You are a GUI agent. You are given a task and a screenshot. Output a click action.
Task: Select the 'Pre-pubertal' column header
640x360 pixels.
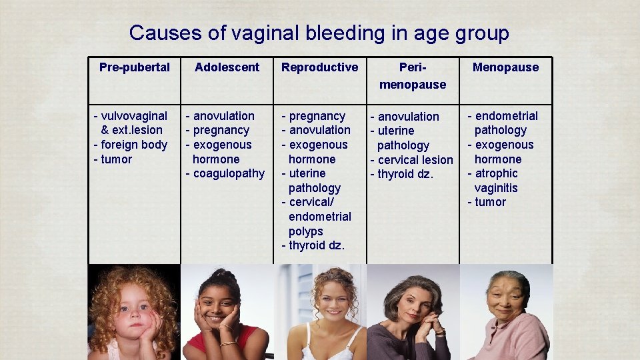(x=134, y=67)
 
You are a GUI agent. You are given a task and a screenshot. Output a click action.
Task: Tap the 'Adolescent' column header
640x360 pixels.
(x=227, y=67)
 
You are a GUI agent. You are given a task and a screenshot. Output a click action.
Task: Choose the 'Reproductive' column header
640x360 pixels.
(x=319, y=67)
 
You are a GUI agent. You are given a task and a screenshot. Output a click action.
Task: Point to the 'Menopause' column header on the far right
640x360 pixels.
(x=505, y=67)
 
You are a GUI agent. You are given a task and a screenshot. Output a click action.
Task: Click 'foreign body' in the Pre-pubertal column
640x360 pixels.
(x=134, y=145)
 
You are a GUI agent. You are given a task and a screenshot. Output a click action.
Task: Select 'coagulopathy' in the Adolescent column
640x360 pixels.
(x=229, y=173)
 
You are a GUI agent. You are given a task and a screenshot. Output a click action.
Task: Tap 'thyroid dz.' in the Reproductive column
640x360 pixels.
(x=317, y=245)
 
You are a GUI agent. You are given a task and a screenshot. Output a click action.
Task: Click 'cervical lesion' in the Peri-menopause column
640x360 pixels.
(x=415, y=160)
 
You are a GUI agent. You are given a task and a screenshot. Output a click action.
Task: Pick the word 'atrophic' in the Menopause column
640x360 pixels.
(x=496, y=173)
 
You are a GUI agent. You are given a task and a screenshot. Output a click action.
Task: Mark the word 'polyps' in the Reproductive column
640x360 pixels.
(x=305, y=231)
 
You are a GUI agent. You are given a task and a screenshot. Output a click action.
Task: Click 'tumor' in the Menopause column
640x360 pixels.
(x=490, y=202)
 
